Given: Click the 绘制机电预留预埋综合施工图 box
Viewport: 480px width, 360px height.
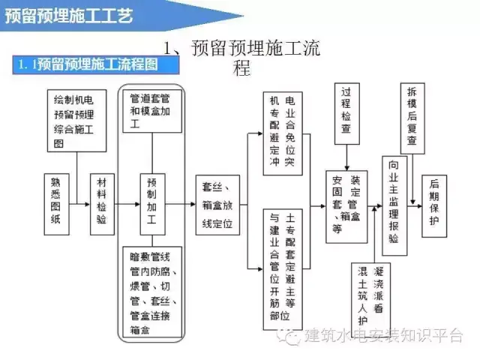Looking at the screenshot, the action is (74, 120).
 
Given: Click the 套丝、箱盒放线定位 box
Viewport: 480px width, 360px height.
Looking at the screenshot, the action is (217, 202).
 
